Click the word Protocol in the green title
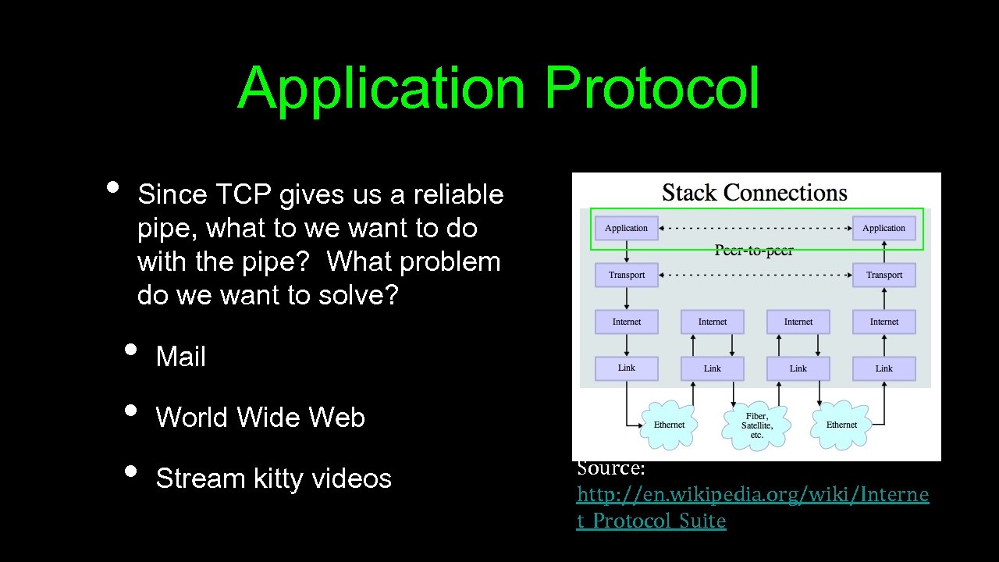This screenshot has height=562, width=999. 652,88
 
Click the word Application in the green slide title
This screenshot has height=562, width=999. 382,88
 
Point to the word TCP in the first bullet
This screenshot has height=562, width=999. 244,194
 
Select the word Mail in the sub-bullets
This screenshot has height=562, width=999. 180,357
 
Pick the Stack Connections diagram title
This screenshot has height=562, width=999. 754,193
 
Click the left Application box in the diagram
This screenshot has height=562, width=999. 626,228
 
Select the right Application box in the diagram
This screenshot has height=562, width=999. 883,228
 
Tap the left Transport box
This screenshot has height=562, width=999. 626,275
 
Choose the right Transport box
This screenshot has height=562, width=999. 883,275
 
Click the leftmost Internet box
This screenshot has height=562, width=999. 626,322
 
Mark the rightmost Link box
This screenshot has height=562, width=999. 883,368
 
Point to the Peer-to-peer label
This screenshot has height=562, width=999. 754,251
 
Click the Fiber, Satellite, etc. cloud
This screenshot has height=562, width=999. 756,425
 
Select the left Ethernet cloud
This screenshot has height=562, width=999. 669,425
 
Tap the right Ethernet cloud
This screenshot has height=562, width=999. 841,425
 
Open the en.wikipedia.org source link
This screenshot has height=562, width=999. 752,495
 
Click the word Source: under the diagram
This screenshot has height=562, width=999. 610,468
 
